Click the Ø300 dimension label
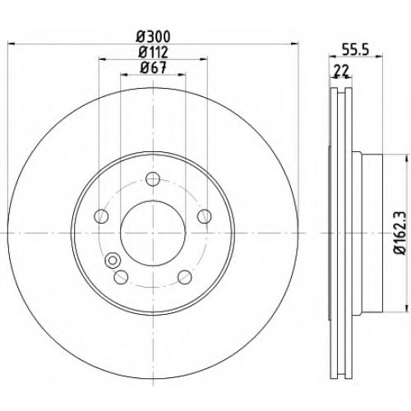click(x=154, y=36)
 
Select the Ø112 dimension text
click(x=153, y=53)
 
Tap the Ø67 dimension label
click(x=153, y=67)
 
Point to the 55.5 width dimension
click(x=356, y=50)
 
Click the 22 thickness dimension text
click(x=341, y=71)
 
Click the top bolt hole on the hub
click(x=153, y=179)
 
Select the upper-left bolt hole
click(x=101, y=216)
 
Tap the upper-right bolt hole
click(x=205, y=216)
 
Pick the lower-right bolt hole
click(x=185, y=277)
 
